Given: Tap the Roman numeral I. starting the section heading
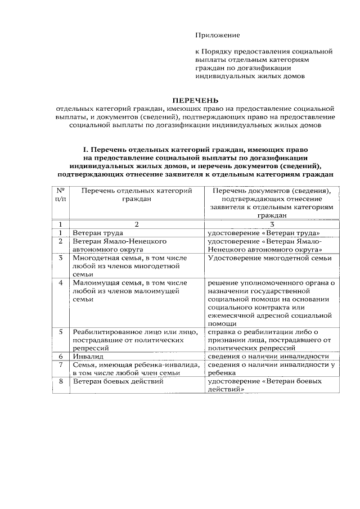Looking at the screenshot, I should point(87,150).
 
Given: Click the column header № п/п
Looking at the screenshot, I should point(60,195).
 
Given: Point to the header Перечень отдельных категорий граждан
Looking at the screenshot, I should point(137,195).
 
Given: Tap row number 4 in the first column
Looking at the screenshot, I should point(60,282).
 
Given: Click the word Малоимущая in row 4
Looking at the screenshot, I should point(94,282).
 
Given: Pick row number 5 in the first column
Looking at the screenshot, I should point(60,332).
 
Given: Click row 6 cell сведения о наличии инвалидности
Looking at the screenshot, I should point(268,357).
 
